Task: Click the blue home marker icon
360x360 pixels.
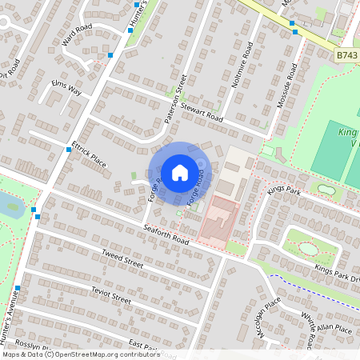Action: pos(180,172)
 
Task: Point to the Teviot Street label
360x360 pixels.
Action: pos(110,294)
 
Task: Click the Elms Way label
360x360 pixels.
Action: pos(66,87)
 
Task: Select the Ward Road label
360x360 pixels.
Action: pos(77,35)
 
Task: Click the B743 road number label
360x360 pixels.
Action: pos(347,55)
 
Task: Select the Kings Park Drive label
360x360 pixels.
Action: pos(337,272)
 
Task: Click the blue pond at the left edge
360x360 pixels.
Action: pos(12,205)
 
